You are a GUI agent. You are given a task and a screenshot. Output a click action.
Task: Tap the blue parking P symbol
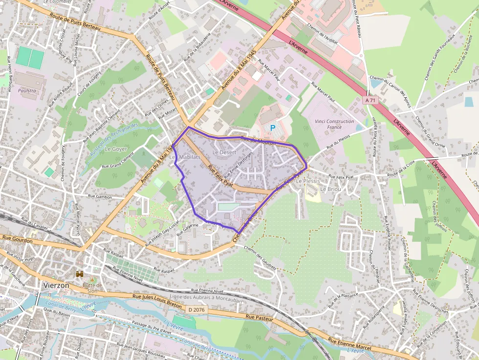pyautogui.click(x=273, y=128)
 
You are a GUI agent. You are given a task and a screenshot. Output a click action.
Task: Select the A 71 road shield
pyautogui.click(x=371, y=100)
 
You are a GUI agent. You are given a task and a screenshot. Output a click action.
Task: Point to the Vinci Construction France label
pyautogui.click(x=334, y=124)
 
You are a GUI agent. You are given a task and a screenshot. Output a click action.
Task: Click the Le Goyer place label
pyautogui.click(x=116, y=148)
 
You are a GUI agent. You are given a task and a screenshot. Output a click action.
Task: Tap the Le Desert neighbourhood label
pyautogui.click(x=224, y=152)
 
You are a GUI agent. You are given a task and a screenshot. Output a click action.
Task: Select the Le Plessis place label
pyautogui.click(x=308, y=181)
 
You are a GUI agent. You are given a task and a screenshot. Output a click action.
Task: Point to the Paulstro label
pyautogui.click(x=27, y=91)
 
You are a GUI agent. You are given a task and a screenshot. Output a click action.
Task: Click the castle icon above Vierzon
pyautogui.click(x=80, y=275)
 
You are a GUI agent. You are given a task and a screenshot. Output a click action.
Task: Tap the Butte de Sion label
pyautogui.click(x=92, y=288)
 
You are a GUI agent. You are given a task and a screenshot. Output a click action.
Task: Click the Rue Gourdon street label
pyautogui.click(x=17, y=240)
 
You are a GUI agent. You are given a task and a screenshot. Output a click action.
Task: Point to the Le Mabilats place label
pyautogui.click(x=185, y=157)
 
